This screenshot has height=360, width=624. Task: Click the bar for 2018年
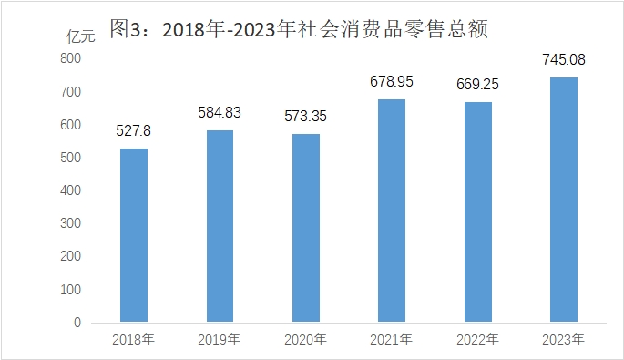[x=134, y=235]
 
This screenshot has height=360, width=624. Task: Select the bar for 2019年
[x=220, y=226]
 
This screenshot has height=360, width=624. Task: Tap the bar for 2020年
[x=306, y=228]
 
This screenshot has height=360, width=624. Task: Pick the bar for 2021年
[x=392, y=211]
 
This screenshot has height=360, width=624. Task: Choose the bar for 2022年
[x=478, y=211]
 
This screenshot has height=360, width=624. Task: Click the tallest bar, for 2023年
[x=564, y=200]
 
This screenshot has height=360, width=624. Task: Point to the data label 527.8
[x=133, y=130]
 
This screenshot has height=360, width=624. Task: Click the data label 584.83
[x=220, y=112]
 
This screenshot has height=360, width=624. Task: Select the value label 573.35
[x=306, y=116]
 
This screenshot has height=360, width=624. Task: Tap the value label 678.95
[x=392, y=81]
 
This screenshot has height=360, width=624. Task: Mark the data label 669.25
[x=477, y=84]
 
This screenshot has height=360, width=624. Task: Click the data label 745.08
[x=564, y=59]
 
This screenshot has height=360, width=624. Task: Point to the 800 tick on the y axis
[x=70, y=58]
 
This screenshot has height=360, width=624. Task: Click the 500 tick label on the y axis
[x=70, y=158]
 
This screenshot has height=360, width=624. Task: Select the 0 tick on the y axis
[x=77, y=322]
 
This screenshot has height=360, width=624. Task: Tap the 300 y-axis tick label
[x=70, y=223]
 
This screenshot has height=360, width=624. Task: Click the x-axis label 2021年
[x=391, y=340]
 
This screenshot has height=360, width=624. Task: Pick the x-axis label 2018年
[x=133, y=340]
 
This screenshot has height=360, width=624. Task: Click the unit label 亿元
[x=81, y=36]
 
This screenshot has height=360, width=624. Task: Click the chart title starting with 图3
[x=299, y=28]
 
